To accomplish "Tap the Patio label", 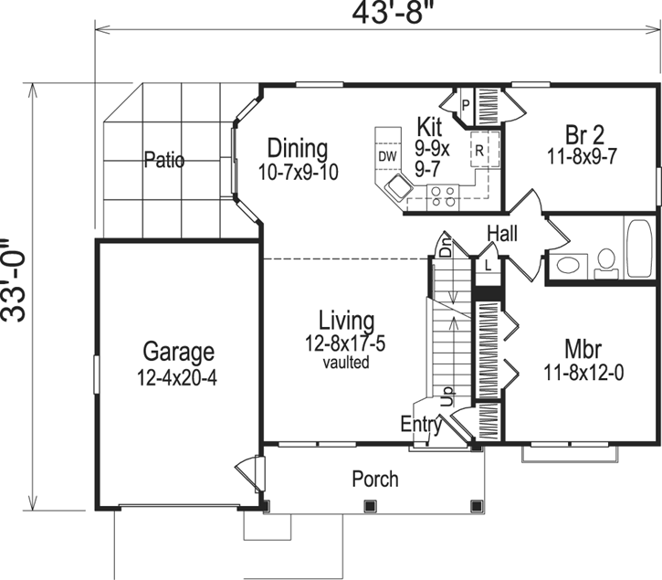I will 164,161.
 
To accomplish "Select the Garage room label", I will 179,352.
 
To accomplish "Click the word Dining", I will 297,148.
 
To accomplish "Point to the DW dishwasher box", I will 387,155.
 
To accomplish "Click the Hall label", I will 502,234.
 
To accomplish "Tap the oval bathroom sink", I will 569,267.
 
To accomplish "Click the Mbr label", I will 582,350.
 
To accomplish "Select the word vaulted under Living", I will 346,363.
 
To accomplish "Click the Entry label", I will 421,425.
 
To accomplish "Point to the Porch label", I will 374,479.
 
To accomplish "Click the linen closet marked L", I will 489,266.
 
